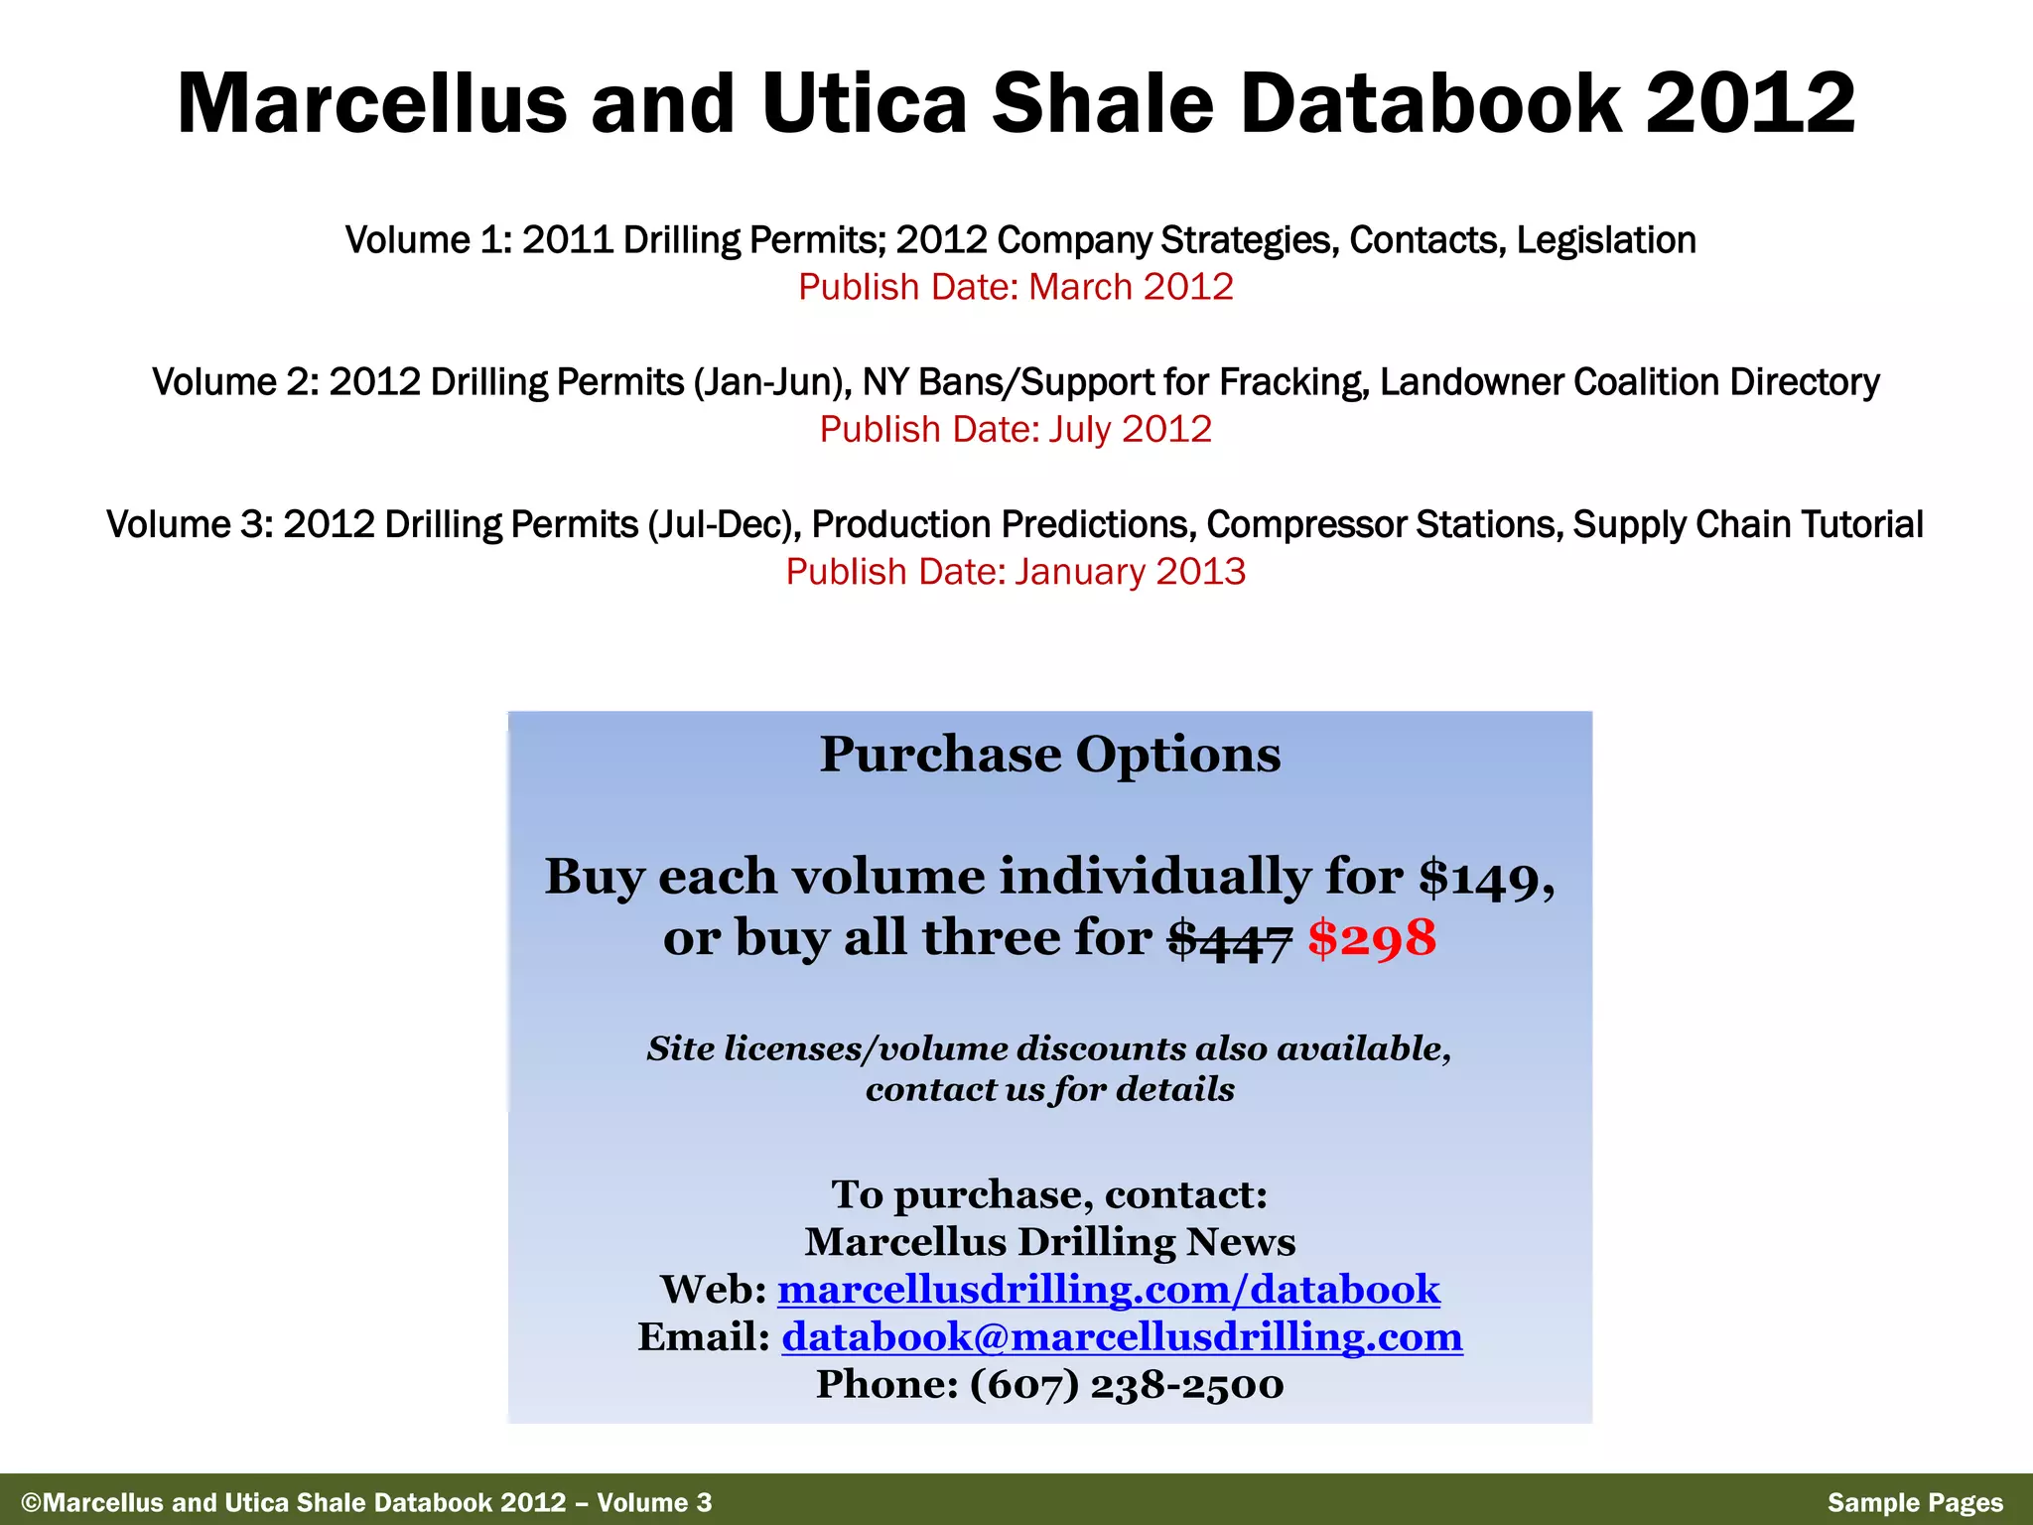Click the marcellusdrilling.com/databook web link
pos(1108,1290)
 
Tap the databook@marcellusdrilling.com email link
pos(1122,1337)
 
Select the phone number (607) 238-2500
pos(1127,1385)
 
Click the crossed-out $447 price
pos(1229,938)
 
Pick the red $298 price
pos(1371,938)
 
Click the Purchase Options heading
pos(1049,755)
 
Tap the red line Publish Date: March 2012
pos(1016,287)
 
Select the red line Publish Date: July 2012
pos(1016,430)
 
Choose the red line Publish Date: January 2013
pos(1016,572)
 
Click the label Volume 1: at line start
pos(428,240)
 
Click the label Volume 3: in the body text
pos(189,524)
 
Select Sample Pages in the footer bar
pos(1915,1503)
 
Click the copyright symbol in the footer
pos(32,1503)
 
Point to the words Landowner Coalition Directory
pos(1629,382)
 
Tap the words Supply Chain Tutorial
pos(1748,524)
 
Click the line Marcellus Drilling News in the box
pos(1049,1242)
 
